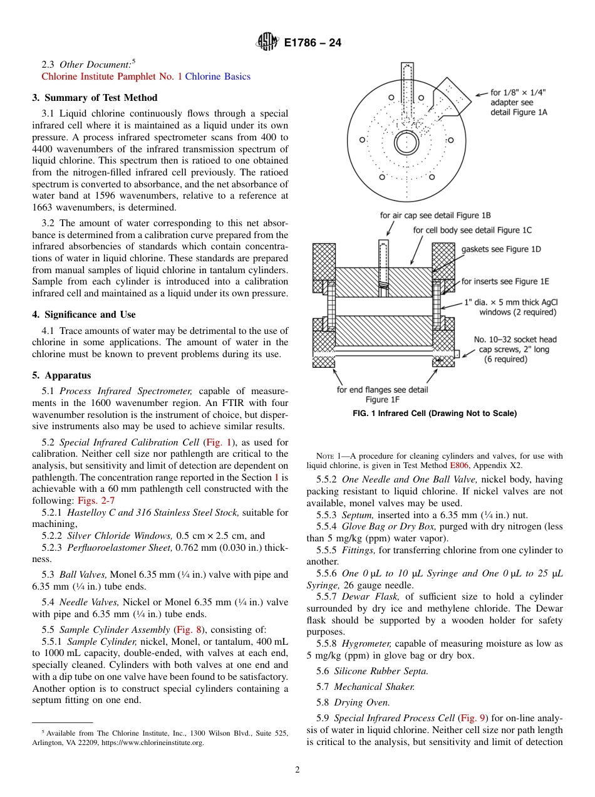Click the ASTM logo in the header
point(267,43)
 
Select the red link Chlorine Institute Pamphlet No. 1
point(111,76)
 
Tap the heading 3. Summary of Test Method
point(95,98)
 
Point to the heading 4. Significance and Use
point(83,315)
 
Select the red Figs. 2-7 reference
point(95,500)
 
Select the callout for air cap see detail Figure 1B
point(435,216)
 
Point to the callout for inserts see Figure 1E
point(505,281)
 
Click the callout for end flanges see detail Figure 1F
point(383,394)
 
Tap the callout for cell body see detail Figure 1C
point(472,230)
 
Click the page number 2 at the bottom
point(297,770)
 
